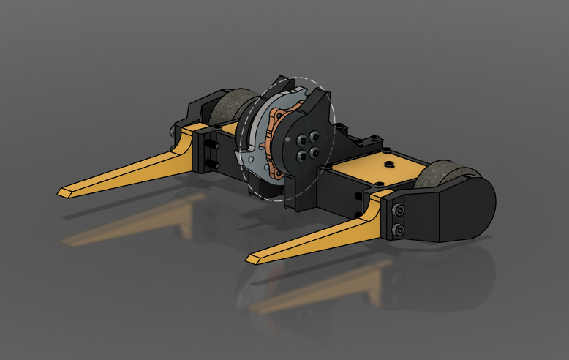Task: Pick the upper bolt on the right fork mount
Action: (x=399, y=211)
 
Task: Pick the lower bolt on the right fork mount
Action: (x=399, y=231)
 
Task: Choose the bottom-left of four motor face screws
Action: (x=301, y=153)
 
